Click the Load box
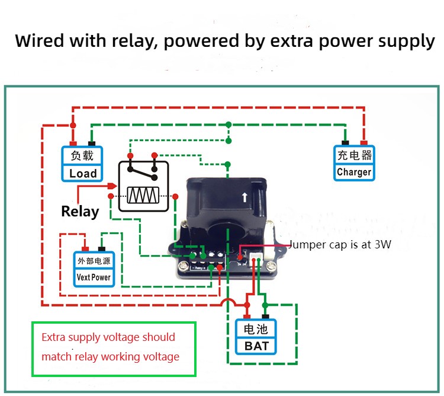(83, 164)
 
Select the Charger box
(354, 164)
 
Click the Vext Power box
(94, 269)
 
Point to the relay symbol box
(143, 185)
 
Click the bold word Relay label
(80, 212)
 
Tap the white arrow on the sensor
(244, 198)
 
